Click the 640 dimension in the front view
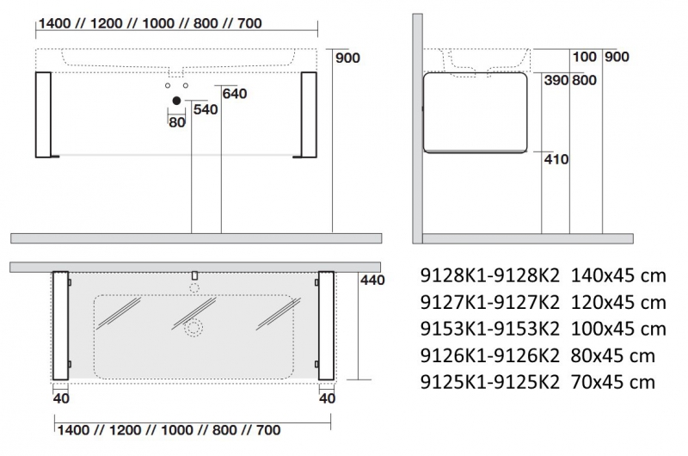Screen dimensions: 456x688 235,93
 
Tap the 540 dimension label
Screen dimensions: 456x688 206,109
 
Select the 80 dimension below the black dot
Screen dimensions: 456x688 177,121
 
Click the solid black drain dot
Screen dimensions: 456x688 177,102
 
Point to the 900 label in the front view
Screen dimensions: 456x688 348,58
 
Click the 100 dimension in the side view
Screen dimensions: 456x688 584,57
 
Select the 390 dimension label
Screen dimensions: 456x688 556,80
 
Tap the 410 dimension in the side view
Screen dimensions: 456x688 556,158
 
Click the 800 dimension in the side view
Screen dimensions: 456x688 584,80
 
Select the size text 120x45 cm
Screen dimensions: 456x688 617,302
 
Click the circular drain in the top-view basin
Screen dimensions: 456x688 193,327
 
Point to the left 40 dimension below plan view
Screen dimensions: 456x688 61,398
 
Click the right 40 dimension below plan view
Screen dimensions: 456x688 327,398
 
